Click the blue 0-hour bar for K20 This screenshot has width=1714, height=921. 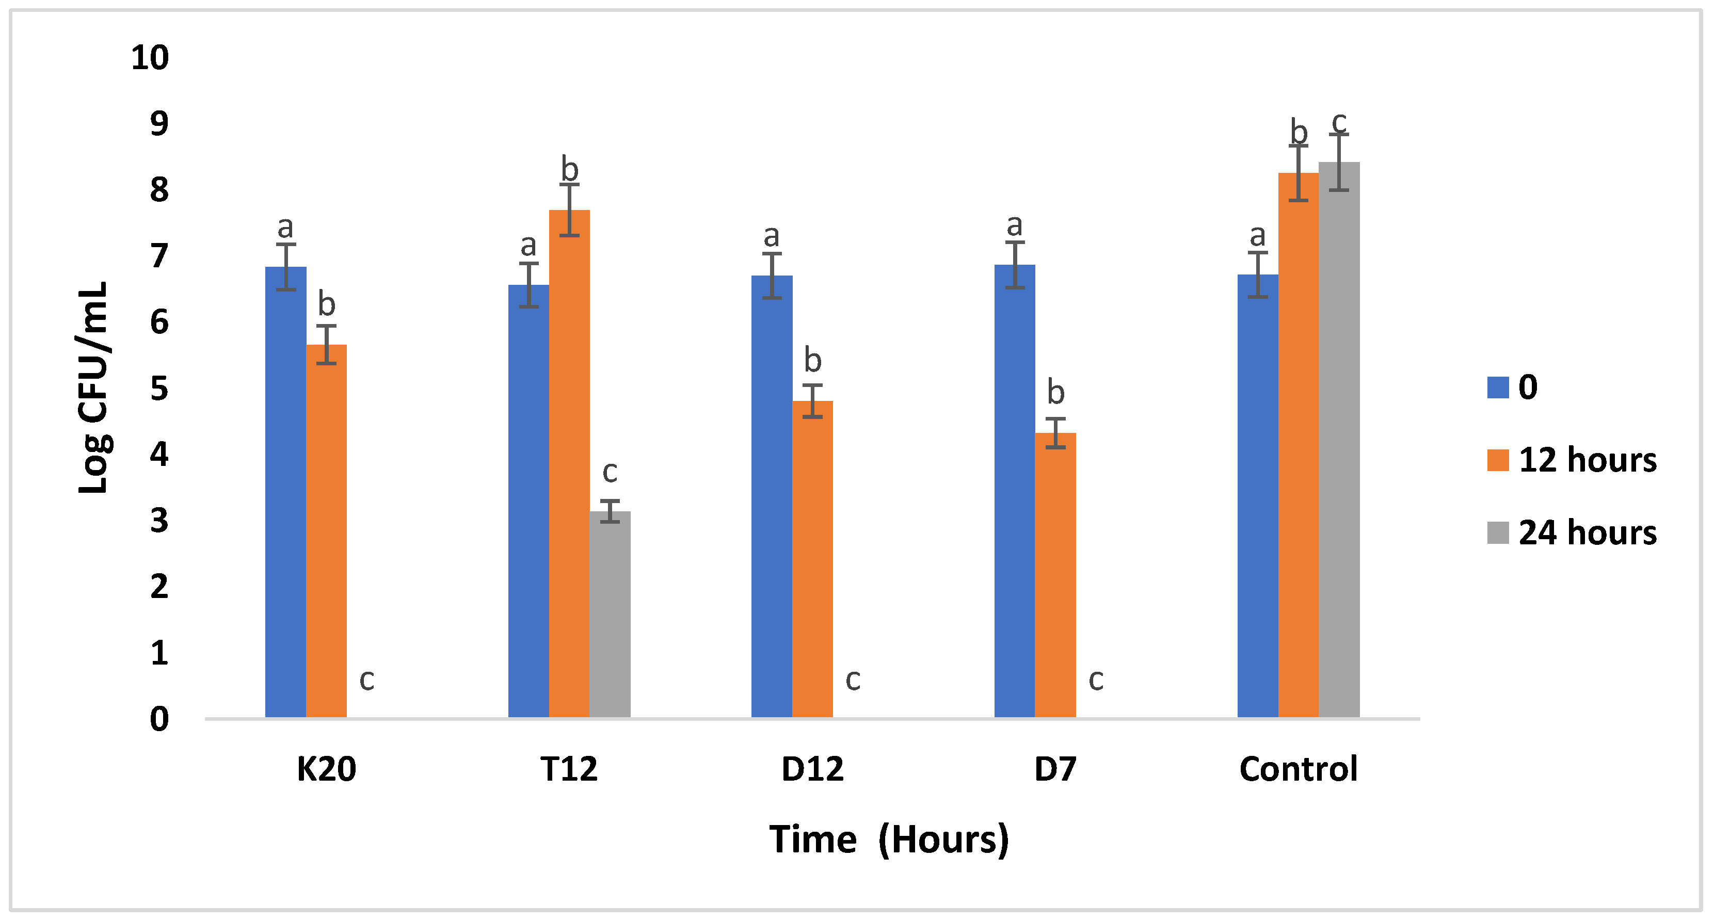pyautogui.click(x=285, y=492)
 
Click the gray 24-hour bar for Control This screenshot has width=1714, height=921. pyautogui.click(x=1339, y=439)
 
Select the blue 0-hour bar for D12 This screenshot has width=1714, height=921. pyautogui.click(x=771, y=496)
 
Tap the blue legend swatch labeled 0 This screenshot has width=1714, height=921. pyautogui.click(x=1498, y=387)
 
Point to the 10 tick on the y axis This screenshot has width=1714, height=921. pyautogui.click(x=150, y=58)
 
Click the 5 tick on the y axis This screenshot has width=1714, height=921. pyautogui.click(x=159, y=389)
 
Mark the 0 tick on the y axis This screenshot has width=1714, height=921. pyautogui.click(x=159, y=719)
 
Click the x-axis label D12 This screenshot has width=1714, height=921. pyautogui.click(x=812, y=769)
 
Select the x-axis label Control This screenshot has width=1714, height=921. pyautogui.click(x=1297, y=769)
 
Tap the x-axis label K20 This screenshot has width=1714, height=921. pyautogui.click(x=326, y=769)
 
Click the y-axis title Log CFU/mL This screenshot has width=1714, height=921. pyautogui.click(x=93, y=387)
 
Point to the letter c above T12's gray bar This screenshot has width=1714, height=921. pyautogui.click(x=610, y=472)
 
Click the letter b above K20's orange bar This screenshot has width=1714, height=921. pyautogui.click(x=326, y=304)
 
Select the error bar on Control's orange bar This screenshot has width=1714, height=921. pyautogui.click(x=1298, y=173)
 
